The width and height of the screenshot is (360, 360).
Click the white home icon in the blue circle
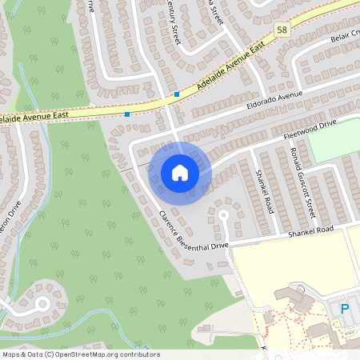tap(180, 173)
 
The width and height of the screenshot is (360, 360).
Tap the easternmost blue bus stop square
tap(177, 94)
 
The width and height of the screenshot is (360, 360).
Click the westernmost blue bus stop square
tap(127, 114)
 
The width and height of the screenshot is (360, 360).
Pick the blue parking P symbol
tap(346, 308)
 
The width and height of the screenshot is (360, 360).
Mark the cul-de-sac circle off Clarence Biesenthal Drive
tap(223, 214)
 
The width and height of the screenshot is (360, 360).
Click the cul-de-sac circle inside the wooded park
tap(42, 303)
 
